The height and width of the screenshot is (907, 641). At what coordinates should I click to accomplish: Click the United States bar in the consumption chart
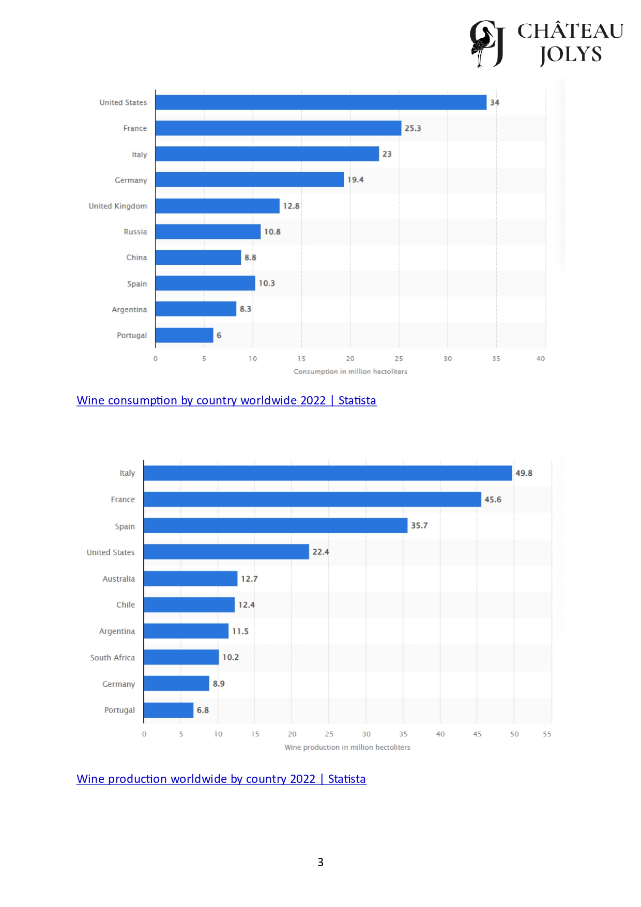[x=320, y=102]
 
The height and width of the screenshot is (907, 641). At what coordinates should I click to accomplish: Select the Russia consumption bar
[x=208, y=232]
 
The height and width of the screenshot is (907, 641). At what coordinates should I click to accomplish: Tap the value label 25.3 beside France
[x=413, y=128]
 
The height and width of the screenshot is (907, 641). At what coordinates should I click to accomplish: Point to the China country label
[x=136, y=258]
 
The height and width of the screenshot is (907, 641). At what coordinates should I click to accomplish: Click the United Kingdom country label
[x=118, y=206]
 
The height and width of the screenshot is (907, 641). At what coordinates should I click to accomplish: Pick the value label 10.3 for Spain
[x=267, y=283]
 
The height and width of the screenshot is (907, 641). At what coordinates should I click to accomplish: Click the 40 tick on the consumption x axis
[x=540, y=358]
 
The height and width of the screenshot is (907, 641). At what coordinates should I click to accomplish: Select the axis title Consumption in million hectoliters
[x=350, y=371]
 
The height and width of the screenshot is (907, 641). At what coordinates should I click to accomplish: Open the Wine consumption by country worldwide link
[x=226, y=400]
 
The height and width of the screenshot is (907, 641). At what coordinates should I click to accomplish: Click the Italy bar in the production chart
[x=328, y=473]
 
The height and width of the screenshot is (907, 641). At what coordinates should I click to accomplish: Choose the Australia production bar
[x=190, y=579]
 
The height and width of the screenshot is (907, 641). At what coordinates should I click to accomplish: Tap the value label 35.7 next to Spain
[x=419, y=525]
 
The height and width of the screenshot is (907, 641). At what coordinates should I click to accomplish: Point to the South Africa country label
[x=112, y=658]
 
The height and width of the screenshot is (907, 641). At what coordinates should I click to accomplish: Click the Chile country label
[x=126, y=605]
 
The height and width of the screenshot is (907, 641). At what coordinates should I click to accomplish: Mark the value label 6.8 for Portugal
[x=203, y=710]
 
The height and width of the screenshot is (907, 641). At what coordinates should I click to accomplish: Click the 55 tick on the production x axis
[x=547, y=734]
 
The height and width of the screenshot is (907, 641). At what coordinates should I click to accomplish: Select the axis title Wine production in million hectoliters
[x=347, y=747]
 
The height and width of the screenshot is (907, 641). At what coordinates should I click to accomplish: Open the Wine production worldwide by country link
[x=221, y=779]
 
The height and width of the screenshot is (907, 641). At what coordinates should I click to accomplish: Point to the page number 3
[x=320, y=862]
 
